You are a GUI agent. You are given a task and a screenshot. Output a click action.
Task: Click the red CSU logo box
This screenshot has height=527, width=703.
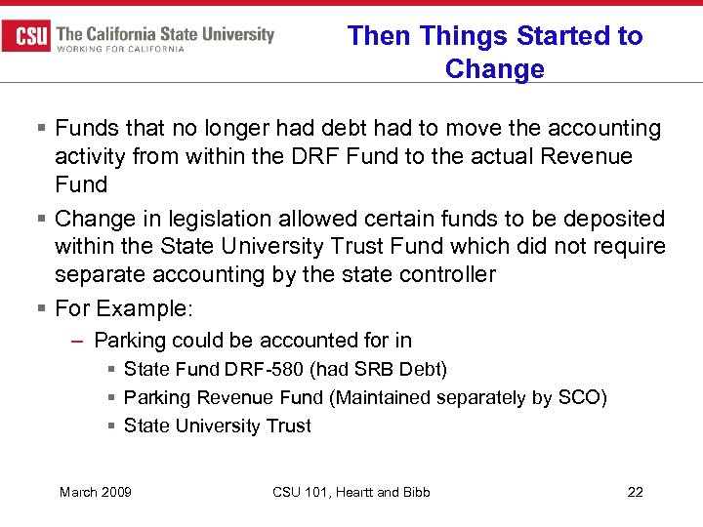coord(26,36)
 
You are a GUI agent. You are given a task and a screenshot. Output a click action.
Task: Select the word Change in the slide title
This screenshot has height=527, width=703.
coord(494,69)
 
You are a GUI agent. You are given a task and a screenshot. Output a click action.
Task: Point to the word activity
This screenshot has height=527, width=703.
coord(90,156)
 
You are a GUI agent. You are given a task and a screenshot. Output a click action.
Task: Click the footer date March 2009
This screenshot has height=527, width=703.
coord(96,492)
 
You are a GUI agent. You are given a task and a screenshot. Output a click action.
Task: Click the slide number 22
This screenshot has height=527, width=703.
coord(635,492)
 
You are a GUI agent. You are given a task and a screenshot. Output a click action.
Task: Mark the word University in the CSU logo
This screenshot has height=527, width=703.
coord(235,34)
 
